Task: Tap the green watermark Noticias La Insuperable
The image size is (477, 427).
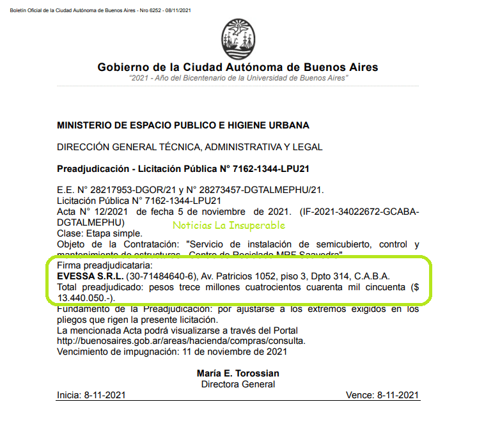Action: (228, 225)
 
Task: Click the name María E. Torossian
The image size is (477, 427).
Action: (238, 373)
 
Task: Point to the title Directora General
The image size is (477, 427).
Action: (238, 384)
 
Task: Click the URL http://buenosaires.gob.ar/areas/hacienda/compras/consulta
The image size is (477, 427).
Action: (181, 341)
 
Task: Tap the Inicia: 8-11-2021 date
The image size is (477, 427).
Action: (87, 395)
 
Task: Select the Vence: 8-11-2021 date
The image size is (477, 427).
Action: (382, 395)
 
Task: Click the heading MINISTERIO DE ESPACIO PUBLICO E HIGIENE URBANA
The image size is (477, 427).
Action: (183, 125)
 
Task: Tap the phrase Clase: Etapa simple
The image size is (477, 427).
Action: (99, 234)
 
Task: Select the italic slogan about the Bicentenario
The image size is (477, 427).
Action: (238, 77)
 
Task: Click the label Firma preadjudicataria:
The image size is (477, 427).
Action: (102, 265)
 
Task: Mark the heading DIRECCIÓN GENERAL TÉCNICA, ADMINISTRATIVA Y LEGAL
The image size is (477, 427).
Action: (189, 147)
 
